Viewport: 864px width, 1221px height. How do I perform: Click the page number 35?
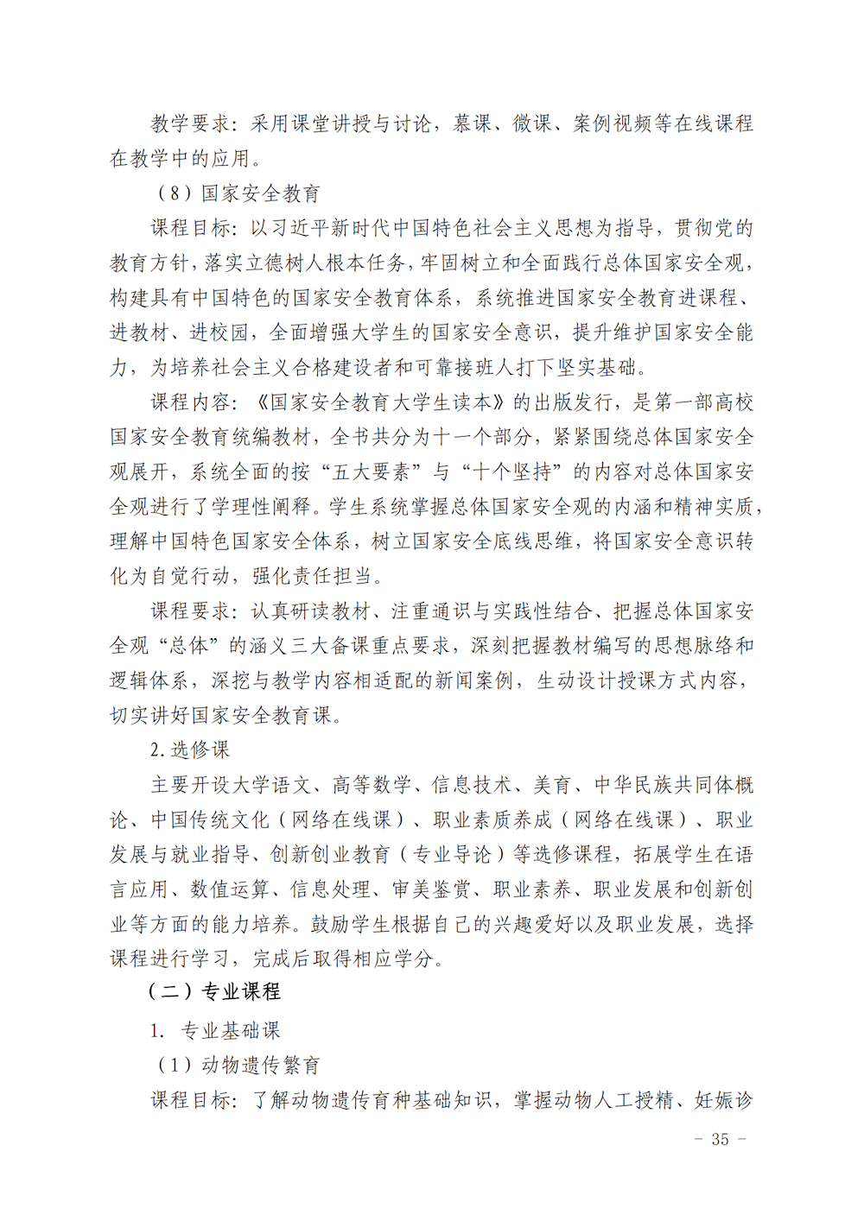[720, 1140]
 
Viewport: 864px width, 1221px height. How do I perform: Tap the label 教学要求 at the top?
[190, 123]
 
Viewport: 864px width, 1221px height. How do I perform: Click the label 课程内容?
[190, 402]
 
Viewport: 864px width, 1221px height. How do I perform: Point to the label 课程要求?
[190, 611]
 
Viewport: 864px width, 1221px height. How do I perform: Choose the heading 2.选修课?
[190, 750]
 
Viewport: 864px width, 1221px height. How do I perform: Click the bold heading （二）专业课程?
[214, 991]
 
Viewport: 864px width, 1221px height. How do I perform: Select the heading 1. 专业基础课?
[215, 1030]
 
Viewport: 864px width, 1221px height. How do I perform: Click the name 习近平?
[300, 228]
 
